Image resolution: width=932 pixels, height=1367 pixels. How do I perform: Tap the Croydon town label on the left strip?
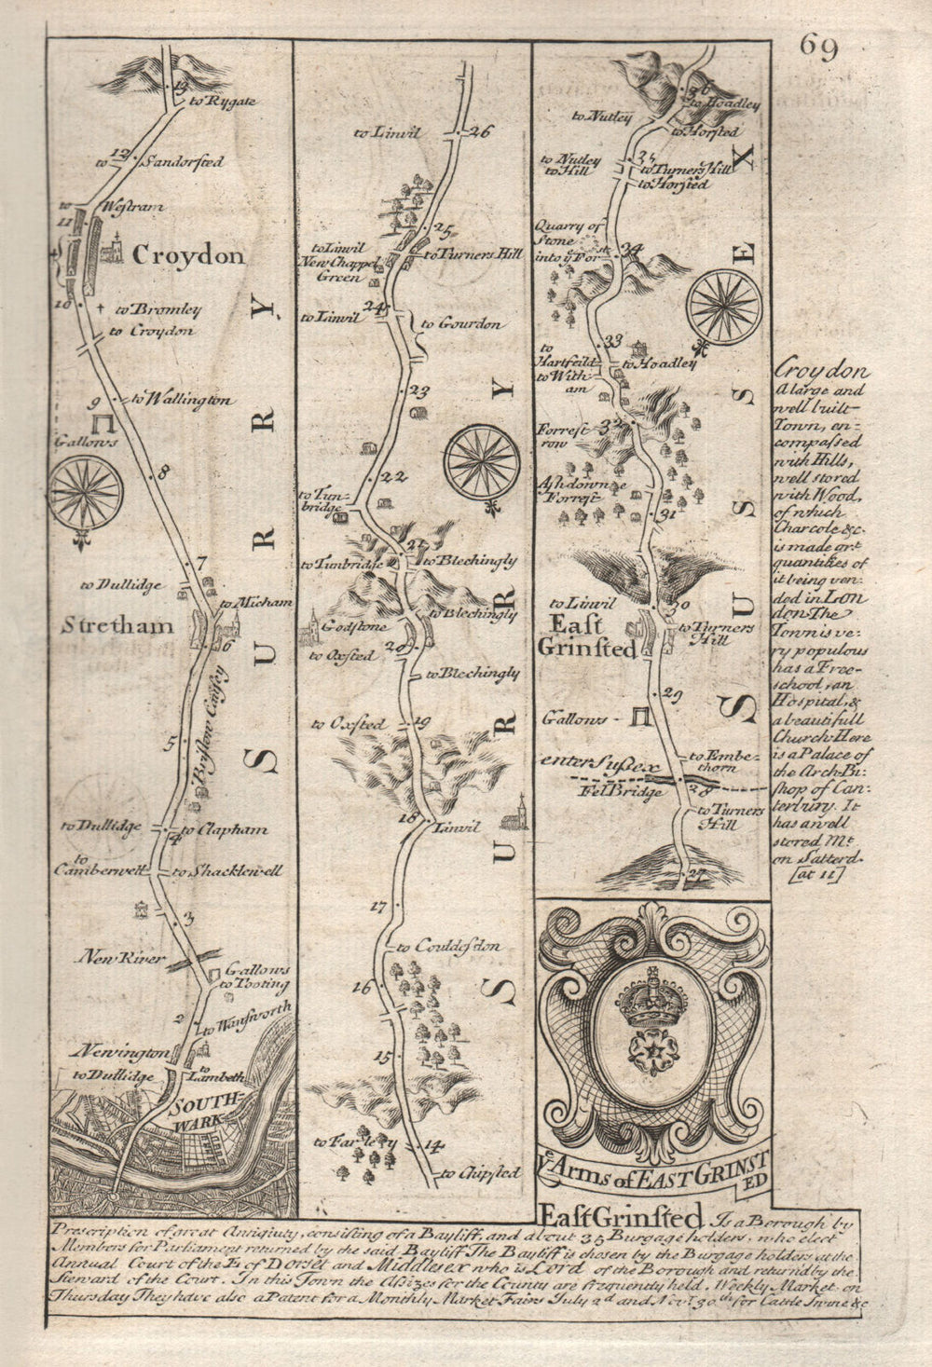pyautogui.click(x=188, y=255)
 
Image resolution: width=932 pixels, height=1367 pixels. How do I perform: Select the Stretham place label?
pyautogui.click(x=116, y=625)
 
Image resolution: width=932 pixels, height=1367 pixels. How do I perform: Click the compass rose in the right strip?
pyautogui.click(x=724, y=307)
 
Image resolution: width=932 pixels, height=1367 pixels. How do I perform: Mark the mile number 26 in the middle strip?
pyautogui.click(x=480, y=131)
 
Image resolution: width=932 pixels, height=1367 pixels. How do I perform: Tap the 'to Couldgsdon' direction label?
pyautogui.click(x=462, y=946)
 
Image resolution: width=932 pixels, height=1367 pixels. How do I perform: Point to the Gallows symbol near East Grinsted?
pyautogui.click(x=640, y=717)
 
